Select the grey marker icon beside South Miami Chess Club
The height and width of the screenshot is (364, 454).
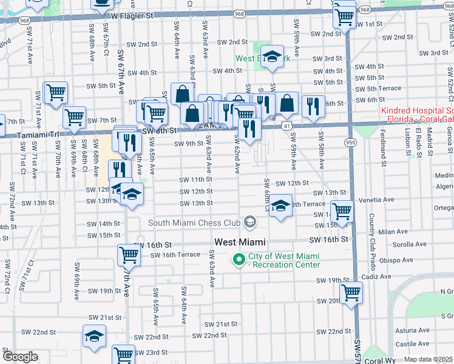click(x=249, y=223)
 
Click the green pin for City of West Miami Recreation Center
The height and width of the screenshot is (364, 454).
click(x=239, y=260)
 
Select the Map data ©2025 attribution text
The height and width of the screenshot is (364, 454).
click(x=429, y=359)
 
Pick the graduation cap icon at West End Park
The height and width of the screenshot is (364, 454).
click(x=273, y=56)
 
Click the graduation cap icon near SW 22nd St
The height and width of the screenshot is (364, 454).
click(x=95, y=336)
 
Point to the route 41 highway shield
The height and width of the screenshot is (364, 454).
click(x=285, y=124)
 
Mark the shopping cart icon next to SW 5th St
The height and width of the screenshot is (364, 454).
click(x=56, y=93)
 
